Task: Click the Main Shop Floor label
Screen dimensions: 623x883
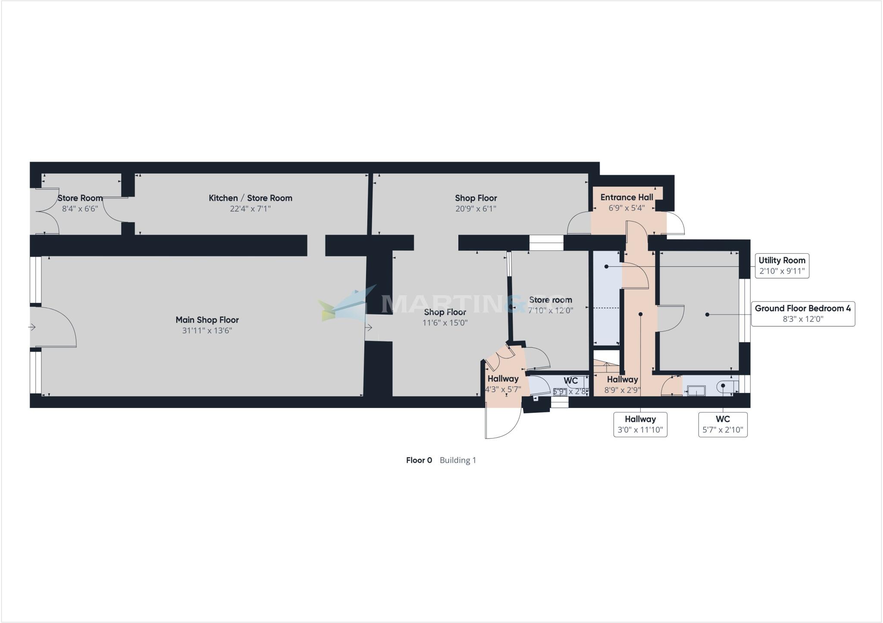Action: (x=207, y=320)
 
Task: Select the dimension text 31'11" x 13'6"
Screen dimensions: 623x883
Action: (x=207, y=331)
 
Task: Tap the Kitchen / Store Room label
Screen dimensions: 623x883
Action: (x=250, y=198)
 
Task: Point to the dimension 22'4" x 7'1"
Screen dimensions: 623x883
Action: (x=250, y=209)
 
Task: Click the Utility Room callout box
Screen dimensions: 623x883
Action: (x=782, y=266)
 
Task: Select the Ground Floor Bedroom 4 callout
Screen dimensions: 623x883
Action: (x=803, y=314)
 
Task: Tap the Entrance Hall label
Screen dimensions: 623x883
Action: (x=626, y=197)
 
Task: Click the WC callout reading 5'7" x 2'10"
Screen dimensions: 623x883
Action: (x=723, y=425)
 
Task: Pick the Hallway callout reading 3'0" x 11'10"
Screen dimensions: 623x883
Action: (x=640, y=425)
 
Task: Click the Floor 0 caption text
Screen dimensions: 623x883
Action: (x=419, y=460)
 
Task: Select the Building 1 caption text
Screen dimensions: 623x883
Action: (x=458, y=460)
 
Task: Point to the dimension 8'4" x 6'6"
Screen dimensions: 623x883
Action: (x=80, y=209)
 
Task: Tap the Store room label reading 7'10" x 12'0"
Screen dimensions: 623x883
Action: (x=551, y=300)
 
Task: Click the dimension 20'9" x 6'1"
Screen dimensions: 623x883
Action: (x=476, y=209)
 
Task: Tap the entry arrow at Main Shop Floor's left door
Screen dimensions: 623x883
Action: (x=32, y=327)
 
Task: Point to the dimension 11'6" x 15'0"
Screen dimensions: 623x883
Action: (x=445, y=323)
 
